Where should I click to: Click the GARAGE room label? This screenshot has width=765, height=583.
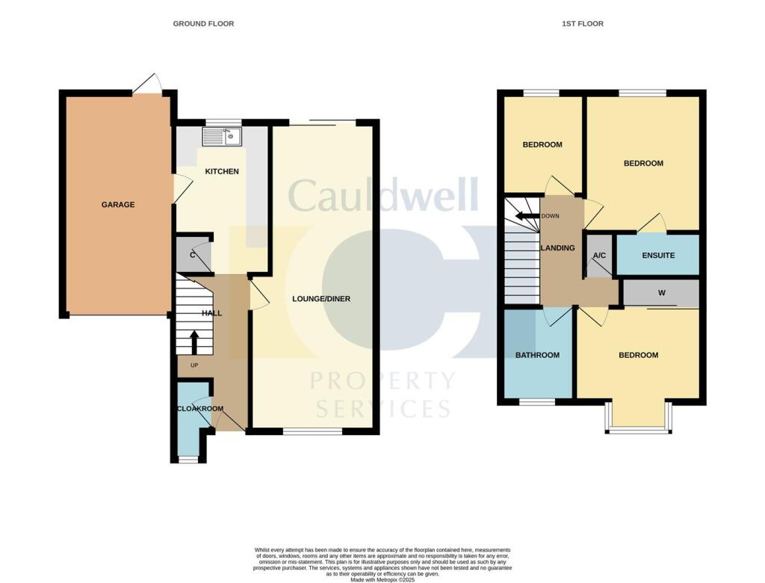tap(118, 204)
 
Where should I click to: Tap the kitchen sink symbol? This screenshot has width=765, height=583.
tap(222, 136)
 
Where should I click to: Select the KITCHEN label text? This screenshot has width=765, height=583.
tap(222, 171)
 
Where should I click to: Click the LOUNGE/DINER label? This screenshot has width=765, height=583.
tap(321, 299)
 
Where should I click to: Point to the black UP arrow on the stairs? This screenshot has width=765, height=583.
tap(194, 342)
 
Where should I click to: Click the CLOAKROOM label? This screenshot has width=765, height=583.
tap(199, 409)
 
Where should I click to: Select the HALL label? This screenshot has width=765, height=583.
tap(211, 313)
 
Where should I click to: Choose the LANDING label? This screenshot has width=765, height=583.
tap(559, 248)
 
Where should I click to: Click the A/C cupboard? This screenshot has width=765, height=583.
tap(599, 256)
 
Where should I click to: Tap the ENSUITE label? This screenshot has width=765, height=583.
tap(657, 256)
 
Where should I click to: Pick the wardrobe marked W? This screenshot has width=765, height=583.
tap(661, 293)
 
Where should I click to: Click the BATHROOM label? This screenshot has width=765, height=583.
tap(537, 355)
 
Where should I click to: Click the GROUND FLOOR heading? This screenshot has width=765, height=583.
tap(203, 24)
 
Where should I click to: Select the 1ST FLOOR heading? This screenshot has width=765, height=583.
tap(583, 24)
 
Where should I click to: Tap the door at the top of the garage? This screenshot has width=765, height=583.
tap(147, 84)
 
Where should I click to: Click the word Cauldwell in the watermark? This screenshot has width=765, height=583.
tap(382, 196)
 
